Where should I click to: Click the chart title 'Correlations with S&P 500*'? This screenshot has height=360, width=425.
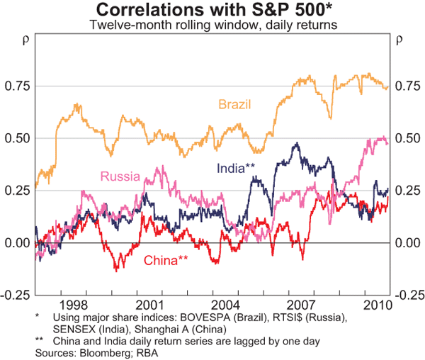click(212, 10)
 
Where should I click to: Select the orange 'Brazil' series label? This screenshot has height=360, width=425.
click(234, 105)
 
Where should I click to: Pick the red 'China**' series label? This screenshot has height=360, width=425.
click(166, 261)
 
